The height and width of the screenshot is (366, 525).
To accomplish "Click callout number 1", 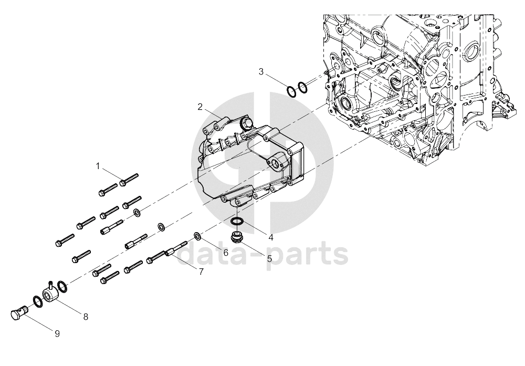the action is pos(98,166).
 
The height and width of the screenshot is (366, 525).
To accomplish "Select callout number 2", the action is pos(200,107).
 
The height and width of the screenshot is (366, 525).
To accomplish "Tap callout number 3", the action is pos(261,71).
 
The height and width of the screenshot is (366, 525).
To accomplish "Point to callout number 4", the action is pos(271,237).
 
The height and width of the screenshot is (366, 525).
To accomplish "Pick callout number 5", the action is pos(269,258).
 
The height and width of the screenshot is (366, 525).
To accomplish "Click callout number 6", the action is pos(226,253).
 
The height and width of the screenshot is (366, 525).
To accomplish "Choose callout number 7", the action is pos(201,271).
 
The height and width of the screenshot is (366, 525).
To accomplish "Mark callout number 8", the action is pos(86,317).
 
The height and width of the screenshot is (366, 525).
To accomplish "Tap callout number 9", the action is pos(57,333).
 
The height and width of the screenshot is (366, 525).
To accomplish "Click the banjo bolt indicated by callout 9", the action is pos(18,312).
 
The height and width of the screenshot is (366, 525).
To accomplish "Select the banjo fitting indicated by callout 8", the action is pos(50,292).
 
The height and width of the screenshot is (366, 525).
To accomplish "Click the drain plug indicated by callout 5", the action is pos(238,237).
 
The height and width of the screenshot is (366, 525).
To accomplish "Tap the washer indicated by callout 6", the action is pos(198,236).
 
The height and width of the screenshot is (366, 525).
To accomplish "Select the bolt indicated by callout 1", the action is pos(129,180).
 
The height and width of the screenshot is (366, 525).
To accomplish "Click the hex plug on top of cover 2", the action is pos(247,122).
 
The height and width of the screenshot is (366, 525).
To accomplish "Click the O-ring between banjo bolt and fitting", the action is pos(37,302).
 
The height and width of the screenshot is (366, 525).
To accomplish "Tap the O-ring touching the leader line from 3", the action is pos(291,91).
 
